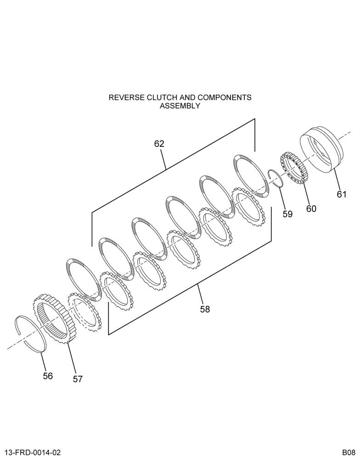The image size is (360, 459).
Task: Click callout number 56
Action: point(48,376)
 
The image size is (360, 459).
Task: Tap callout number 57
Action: point(78,379)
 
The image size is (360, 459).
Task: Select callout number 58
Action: point(205,309)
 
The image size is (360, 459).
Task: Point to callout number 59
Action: point(287,214)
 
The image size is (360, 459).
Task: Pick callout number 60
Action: point(311,209)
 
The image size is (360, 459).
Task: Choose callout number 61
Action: point(341,194)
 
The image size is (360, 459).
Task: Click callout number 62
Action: point(159,144)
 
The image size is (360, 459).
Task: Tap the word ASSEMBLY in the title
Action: point(180,106)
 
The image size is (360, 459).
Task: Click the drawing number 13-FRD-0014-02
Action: point(33,452)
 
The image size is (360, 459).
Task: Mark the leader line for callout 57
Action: point(72,358)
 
